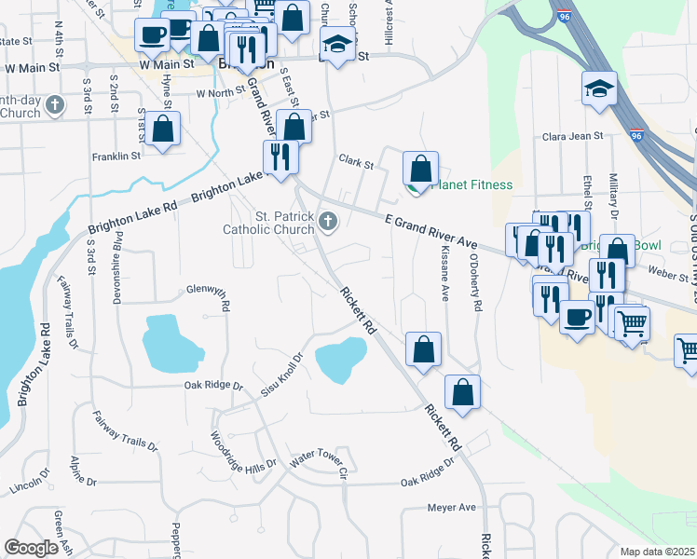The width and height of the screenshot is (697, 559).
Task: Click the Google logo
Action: pyautogui.click(x=32, y=548)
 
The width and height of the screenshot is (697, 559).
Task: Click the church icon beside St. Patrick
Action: pyautogui.click(x=327, y=221)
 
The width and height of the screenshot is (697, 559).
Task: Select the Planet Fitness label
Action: pyautogui.click(x=471, y=184)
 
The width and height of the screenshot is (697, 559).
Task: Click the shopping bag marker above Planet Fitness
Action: pyautogui.click(x=421, y=169)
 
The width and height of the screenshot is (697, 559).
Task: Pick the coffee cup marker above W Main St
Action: pyautogui.click(x=152, y=35)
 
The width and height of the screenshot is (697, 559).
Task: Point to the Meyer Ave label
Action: pyautogui.click(x=451, y=508)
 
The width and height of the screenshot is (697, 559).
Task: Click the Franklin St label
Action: pyautogui.click(x=116, y=157)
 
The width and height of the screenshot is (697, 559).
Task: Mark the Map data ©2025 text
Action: pyautogui.click(x=658, y=552)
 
